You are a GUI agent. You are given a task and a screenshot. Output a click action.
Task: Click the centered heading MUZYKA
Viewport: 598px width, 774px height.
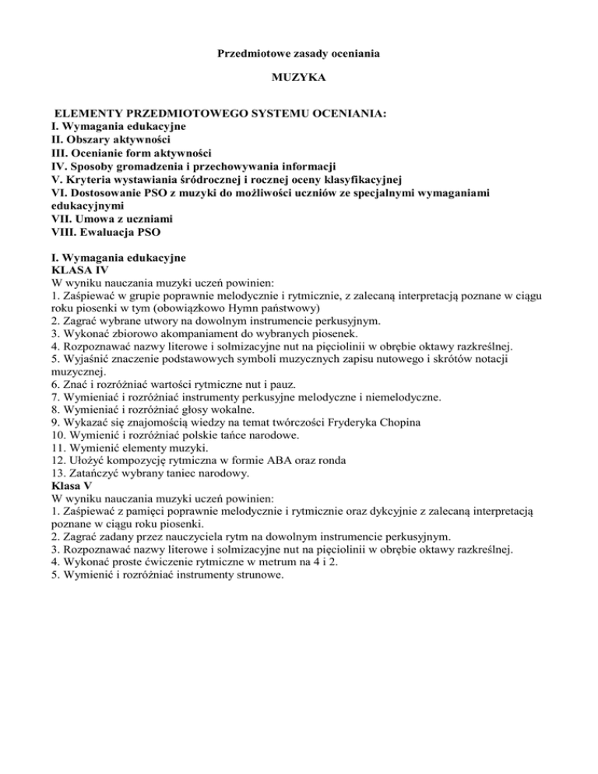(298, 79)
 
